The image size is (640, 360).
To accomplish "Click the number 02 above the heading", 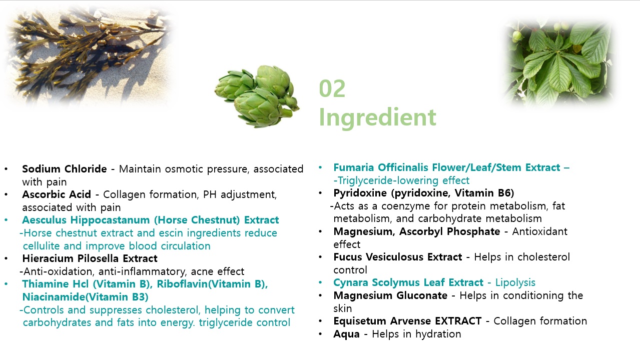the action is pyautogui.click(x=332, y=88).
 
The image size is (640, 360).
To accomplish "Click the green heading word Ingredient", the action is pyautogui.click(x=377, y=117).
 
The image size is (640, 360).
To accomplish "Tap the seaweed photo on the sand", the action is pyautogui.click(x=89, y=54).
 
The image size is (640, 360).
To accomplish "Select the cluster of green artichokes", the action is pyautogui.click(x=257, y=95).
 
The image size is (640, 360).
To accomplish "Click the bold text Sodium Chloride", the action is pyautogui.click(x=64, y=169).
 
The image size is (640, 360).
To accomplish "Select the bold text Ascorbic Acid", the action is pyautogui.click(x=57, y=194).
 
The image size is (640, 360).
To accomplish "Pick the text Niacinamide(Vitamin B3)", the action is pyautogui.click(x=86, y=297).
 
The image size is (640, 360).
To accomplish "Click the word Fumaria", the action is pyautogui.click(x=354, y=167).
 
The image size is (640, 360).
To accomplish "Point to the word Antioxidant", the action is pyautogui.click(x=540, y=231).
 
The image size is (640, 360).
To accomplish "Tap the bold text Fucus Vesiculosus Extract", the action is pyautogui.click(x=398, y=257).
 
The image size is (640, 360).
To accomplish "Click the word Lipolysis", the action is pyautogui.click(x=515, y=283).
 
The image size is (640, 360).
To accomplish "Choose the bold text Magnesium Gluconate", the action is pyautogui.click(x=390, y=295).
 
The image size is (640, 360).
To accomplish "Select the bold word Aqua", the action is pyautogui.click(x=346, y=334).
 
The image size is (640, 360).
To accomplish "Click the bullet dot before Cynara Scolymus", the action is pyautogui.click(x=320, y=282).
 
